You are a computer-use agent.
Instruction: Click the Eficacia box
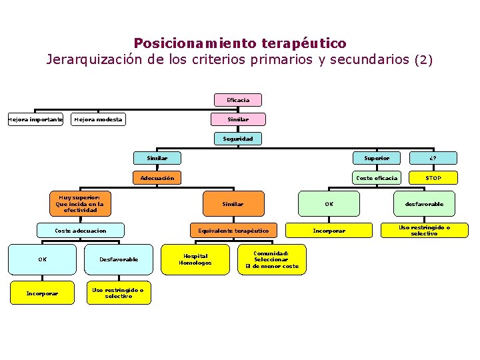238,100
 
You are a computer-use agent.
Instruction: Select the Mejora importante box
35,119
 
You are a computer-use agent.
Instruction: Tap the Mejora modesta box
98,119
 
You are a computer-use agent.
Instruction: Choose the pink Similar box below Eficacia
238,119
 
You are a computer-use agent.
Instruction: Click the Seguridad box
238,139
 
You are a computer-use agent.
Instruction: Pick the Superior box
377,158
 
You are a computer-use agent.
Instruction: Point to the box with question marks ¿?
433,158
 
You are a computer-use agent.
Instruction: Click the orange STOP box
433,177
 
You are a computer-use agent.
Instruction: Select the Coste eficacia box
377,177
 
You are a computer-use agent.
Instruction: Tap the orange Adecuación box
157,177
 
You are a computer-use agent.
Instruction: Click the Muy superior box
80,203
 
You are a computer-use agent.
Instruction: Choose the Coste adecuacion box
80,231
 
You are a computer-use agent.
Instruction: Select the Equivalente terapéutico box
233,231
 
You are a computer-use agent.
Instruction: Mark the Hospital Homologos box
195,259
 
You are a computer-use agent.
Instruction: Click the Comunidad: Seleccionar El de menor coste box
272,259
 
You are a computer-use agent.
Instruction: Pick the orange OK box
329,203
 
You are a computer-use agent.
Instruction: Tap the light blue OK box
42,259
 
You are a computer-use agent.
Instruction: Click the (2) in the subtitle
423,59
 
